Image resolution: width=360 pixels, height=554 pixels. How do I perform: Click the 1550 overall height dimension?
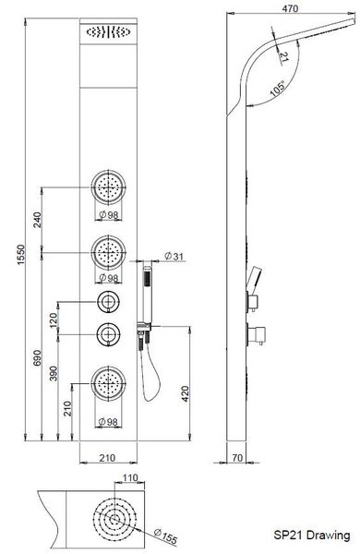pos(21,255)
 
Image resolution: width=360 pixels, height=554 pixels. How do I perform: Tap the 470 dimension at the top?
pos(290,9)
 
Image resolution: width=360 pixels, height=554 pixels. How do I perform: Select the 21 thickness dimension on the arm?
pos(283,56)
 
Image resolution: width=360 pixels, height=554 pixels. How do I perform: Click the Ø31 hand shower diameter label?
pos(174,256)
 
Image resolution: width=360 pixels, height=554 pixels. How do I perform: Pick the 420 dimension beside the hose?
pos(186,394)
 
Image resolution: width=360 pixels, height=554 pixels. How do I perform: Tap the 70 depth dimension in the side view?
pos(238,458)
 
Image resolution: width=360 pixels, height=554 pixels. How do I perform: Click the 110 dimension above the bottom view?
pos(130,477)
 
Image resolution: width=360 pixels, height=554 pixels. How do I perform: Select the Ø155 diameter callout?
pos(165,536)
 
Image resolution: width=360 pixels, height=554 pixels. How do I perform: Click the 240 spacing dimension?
pos(38,220)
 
